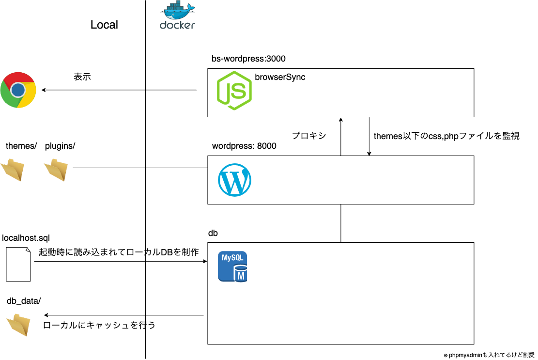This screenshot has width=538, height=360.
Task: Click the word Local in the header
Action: (104, 25)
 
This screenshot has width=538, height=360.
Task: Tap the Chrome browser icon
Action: (18, 90)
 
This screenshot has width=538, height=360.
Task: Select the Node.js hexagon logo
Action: (234, 91)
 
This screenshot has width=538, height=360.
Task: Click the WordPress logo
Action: (234, 180)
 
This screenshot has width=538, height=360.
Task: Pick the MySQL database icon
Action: (232, 266)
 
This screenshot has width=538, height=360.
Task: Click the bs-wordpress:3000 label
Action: (248, 59)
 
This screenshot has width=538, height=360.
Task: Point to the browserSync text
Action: (280, 77)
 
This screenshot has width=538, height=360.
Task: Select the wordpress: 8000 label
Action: (244, 146)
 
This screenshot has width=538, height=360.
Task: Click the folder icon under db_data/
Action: (19, 324)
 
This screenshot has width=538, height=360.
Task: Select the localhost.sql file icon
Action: (18, 264)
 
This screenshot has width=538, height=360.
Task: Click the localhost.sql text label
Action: (26, 237)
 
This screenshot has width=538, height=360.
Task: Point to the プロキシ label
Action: (308, 136)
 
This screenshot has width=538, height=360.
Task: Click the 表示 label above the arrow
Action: (82, 77)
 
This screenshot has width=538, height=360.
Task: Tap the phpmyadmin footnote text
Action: (489, 355)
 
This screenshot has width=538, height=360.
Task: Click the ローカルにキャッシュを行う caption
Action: (99, 325)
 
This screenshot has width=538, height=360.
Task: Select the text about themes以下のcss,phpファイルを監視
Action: (446, 136)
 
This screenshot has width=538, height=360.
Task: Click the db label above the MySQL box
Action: (213, 234)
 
